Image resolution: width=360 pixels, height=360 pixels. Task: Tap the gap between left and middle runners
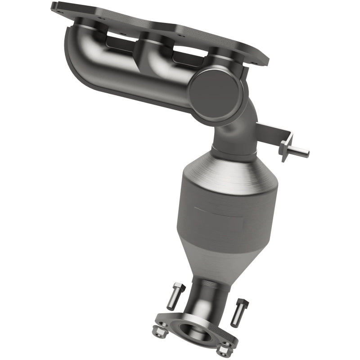[x=119, y=43]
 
